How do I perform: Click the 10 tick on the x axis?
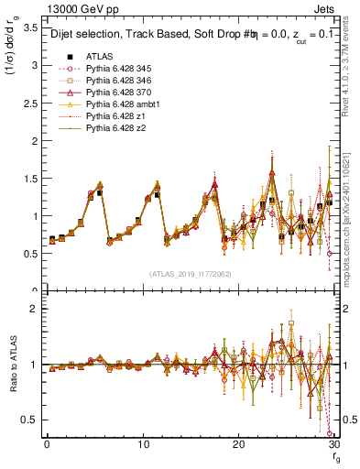point(142,444)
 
